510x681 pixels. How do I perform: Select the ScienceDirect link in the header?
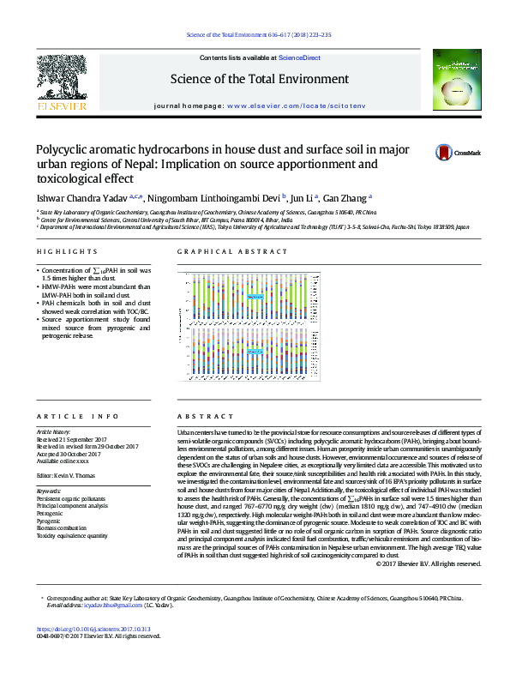click(300, 57)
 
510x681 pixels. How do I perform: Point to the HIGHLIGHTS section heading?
click(68, 251)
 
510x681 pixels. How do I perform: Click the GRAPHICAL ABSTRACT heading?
click(232, 251)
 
